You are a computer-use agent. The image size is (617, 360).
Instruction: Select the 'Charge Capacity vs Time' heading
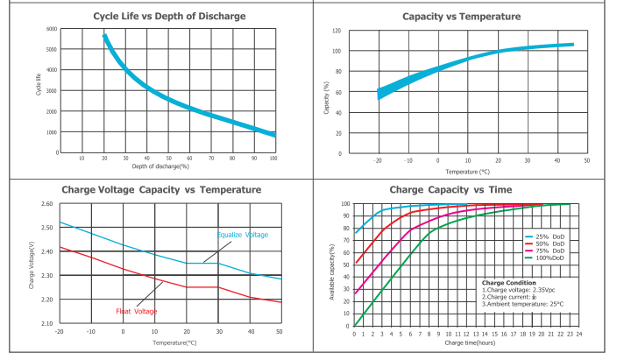pyautogui.click(x=462, y=189)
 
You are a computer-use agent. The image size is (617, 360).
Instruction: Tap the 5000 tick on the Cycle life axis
pyautogui.click(x=53, y=49)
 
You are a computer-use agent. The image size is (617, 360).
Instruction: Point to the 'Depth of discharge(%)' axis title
pyautogui.click(x=160, y=166)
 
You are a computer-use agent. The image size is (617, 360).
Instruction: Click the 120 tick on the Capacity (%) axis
pyautogui.click(x=336, y=31)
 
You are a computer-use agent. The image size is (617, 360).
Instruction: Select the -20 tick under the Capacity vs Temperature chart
pyautogui.click(x=378, y=161)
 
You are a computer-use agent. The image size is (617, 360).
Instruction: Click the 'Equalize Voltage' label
pyautogui.click(x=243, y=235)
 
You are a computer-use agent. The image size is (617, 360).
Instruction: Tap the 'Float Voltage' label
pyautogui.click(x=137, y=311)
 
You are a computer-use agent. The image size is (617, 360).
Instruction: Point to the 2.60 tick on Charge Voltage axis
pyautogui.click(x=46, y=203)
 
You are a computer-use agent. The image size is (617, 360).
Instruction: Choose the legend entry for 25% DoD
pyautogui.click(x=550, y=236)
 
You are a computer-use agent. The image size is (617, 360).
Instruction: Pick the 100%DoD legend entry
pyautogui.click(x=550, y=258)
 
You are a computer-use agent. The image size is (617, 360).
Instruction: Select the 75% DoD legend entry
pyautogui.click(x=550, y=251)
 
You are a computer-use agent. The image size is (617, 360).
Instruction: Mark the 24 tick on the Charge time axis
pyautogui.click(x=579, y=334)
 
